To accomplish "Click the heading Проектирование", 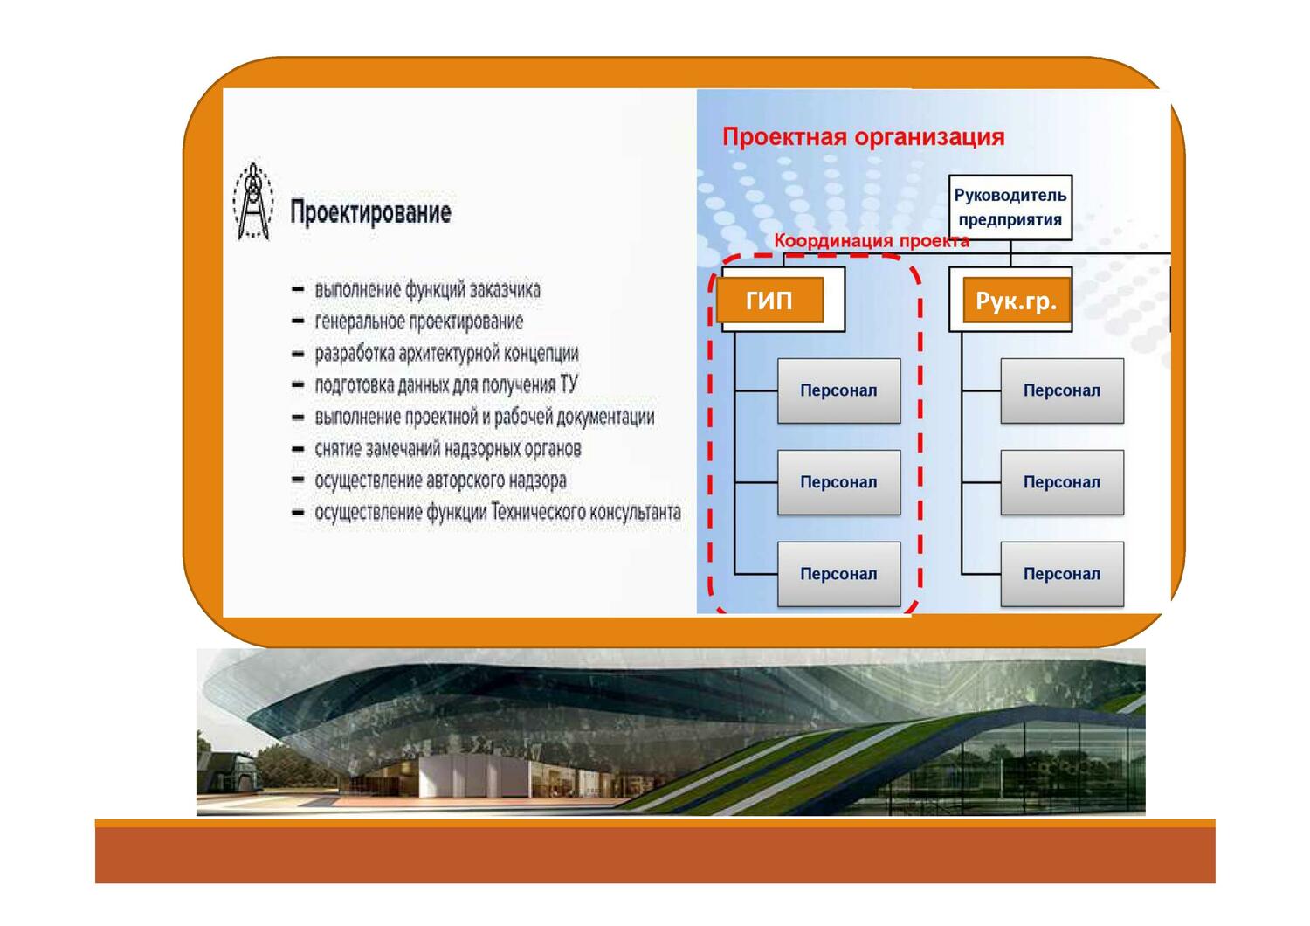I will [x=370, y=212].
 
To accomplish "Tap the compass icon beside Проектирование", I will [x=253, y=202].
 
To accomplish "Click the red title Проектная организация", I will [x=863, y=137].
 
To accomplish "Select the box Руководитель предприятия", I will [x=1010, y=207].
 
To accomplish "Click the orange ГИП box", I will [x=769, y=301].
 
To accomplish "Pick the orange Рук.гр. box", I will [x=1016, y=301].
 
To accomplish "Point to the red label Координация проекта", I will [x=872, y=241].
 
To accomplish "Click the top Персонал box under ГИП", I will [x=838, y=390].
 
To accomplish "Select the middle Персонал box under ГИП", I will [x=838, y=482].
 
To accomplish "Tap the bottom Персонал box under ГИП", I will [x=838, y=574].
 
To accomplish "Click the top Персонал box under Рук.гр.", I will [x=1061, y=390].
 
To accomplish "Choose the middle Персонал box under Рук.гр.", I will [x=1061, y=482].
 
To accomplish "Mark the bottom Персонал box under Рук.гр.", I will [x=1061, y=574].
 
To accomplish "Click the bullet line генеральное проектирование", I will [x=418, y=321].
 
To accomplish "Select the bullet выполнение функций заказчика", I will [x=427, y=289].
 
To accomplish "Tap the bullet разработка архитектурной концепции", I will [x=446, y=353].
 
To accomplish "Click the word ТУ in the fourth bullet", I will [x=568, y=384].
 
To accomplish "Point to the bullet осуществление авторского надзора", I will [x=440, y=480].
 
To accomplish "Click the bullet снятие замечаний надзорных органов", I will [x=447, y=449].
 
